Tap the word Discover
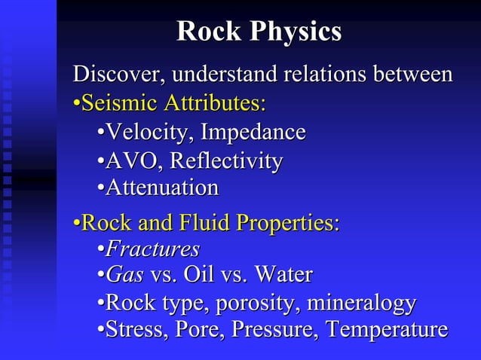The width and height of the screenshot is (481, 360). click(118, 75)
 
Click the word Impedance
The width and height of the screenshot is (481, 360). click(254, 133)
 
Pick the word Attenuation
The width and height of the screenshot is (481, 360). click(162, 187)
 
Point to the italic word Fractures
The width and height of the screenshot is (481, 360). click(152, 249)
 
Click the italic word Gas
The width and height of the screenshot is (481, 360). click(124, 274)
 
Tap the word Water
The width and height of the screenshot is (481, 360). click(283, 274)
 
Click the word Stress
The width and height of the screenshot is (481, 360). click(136, 330)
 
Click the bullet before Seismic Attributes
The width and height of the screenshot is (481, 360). click(76, 102)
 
